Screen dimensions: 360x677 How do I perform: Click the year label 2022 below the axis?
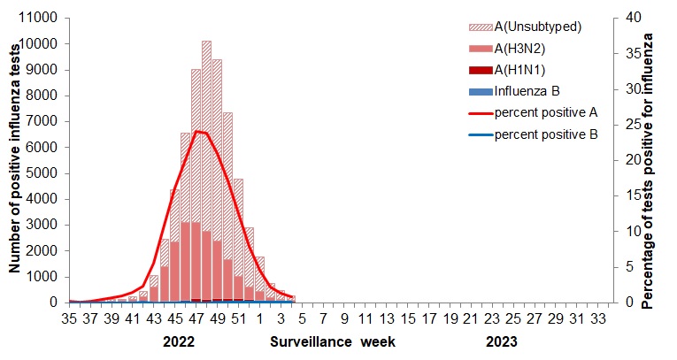[180, 341]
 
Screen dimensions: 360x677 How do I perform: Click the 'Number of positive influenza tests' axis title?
[15, 160]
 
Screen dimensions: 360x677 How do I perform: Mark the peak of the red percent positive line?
[196, 131]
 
